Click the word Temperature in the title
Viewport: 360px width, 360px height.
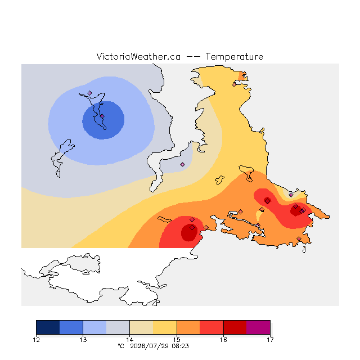234,57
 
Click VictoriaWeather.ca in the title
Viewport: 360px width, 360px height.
138,57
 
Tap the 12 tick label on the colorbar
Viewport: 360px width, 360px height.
36,340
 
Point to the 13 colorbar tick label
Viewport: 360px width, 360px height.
83,340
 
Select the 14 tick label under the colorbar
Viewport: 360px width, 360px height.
130,340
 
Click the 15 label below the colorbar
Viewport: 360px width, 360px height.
177,340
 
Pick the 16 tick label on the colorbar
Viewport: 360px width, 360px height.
223,340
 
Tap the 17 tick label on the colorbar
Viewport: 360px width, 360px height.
270,340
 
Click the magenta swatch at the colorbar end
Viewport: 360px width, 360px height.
258,327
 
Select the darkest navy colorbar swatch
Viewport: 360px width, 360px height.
48,327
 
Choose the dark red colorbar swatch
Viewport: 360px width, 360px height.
235,327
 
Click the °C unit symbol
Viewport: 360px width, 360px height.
121,346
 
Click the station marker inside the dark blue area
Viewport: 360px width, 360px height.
102,116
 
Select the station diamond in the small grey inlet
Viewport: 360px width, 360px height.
182,164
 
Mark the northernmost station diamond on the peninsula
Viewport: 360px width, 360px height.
234,84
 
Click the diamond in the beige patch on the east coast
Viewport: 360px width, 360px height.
291,195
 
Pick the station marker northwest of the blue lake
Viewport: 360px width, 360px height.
90,93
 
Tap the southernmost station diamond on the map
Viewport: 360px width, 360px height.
299,238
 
